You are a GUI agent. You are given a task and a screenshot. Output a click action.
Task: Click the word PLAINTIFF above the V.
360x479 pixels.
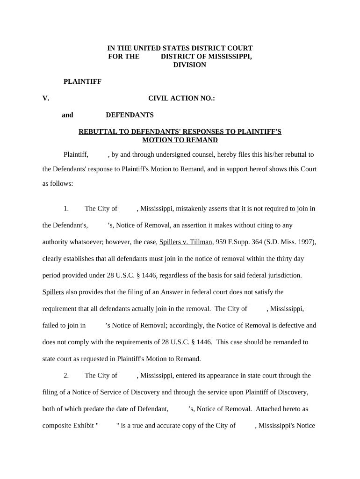tap(82, 81)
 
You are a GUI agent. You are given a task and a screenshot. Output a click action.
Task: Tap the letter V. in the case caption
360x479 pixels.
tap(46, 98)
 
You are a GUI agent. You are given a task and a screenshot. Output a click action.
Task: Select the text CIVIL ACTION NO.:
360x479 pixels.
tap(181, 98)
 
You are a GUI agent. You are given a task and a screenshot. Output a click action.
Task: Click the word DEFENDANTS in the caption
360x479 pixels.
tap(130, 115)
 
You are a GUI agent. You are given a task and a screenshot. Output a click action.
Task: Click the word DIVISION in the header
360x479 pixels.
tap(189, 65)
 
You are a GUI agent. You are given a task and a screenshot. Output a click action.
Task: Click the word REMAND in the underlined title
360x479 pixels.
tap(203, 140)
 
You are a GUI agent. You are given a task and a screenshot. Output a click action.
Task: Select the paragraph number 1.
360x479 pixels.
tap(66, 208)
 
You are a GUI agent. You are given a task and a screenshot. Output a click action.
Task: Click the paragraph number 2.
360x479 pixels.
tap(66, 375)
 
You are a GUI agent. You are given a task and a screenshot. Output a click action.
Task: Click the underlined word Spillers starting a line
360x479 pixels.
tap(53, 292)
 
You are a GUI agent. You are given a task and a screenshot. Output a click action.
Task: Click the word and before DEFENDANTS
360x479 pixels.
tap(67, 115)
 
